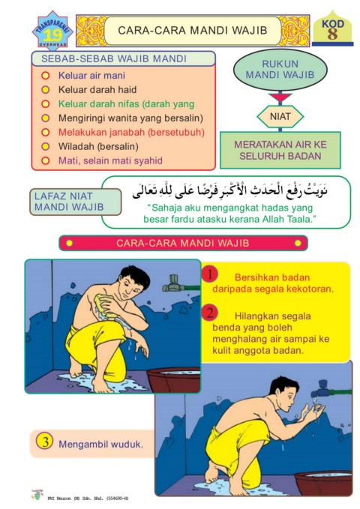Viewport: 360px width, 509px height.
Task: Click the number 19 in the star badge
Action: [52, 35]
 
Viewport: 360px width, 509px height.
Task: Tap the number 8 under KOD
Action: [332, 34]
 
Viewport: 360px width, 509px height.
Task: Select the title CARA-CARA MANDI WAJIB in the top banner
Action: [192, 31]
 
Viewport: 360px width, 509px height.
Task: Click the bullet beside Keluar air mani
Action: [46, 76]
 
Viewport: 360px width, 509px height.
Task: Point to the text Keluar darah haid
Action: [97, 90]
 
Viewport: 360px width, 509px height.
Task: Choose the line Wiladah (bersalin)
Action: [98, 146]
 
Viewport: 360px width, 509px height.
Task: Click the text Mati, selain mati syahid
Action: [110, 160]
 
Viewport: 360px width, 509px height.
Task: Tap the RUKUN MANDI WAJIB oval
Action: [280, 70]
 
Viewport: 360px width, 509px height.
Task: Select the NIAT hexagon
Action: [280, 116]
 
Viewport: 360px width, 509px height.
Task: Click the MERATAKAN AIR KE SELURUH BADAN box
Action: [280, 150]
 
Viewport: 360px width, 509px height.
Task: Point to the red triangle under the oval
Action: [280, 97]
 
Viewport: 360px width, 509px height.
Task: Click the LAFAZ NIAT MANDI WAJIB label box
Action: [75, 202]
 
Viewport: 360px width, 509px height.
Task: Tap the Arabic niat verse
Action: [229, 191]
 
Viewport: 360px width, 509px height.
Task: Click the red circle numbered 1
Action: [210, 275]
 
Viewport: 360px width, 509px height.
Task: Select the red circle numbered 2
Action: [210, 313]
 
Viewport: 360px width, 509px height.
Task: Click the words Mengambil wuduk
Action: [100, 444]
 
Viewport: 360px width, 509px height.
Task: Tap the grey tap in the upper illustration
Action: [173, 283]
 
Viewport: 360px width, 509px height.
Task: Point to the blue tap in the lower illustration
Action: [322, 389]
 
